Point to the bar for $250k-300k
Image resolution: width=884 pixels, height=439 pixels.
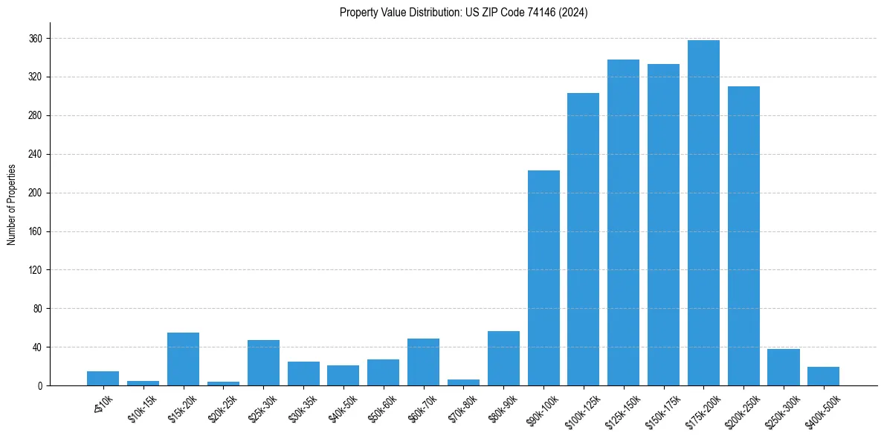coord(784,367)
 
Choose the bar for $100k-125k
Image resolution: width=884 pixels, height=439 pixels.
coord(583,239)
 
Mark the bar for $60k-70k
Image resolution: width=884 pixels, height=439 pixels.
coord(423,362)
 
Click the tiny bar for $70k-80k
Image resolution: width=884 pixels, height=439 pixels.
coord(463,382)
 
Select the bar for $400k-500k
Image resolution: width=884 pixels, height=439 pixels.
coord(823,376)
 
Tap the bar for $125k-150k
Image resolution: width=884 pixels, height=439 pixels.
coord(623,222)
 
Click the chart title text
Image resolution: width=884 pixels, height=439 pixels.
coord(463,13)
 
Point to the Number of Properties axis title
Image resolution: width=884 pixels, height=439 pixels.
coord(12,205)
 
